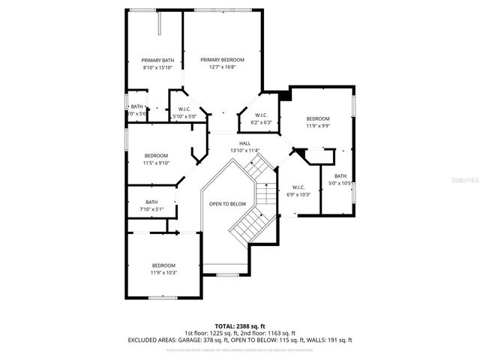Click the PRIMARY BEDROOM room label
[x=222, y=59]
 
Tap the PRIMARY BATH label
[x=157, y=61]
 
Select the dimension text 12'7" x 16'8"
[x=222, y=67]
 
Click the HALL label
[x=244, y=143]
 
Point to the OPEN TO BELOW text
[x=227, y=204]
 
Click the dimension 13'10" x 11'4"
[x=244, y=151]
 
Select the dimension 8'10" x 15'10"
[x=157, y=67]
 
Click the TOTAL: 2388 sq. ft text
[x=239, y=326]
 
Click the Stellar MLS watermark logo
[x=466, y=181]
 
